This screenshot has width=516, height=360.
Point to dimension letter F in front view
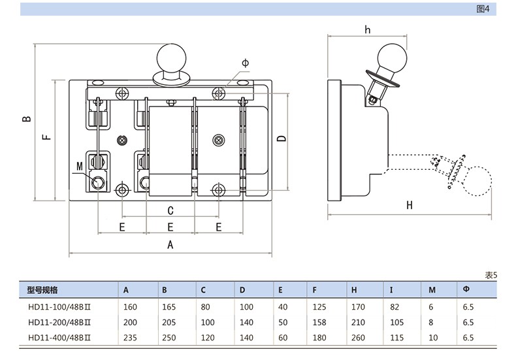46,138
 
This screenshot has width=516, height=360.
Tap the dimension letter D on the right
280,139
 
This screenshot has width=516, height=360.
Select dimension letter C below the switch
170,210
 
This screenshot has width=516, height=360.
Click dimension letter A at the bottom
170,245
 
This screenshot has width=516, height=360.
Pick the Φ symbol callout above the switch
245,63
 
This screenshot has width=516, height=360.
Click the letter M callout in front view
79,167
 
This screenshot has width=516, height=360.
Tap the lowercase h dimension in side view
367,29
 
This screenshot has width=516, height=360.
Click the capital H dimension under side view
410,205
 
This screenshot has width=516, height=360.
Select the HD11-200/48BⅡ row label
59,322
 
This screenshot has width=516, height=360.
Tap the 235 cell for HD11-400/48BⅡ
130,338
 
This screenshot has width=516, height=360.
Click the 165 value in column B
169,306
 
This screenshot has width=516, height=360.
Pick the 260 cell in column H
358,338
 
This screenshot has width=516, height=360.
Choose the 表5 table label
491,275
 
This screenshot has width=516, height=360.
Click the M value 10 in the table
434,338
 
